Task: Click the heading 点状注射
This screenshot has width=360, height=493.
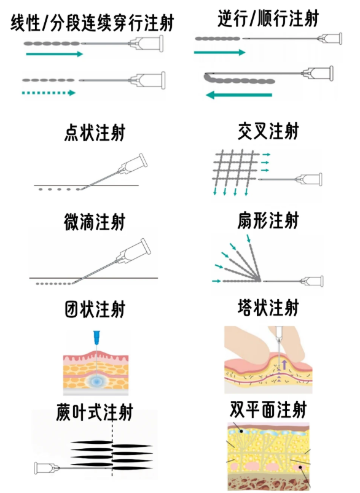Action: click(95, 133)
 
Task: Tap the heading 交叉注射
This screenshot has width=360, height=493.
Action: click(268, 131)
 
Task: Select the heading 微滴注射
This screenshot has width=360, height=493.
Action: click(95, 222)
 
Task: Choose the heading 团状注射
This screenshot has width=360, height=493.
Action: click(95, 309)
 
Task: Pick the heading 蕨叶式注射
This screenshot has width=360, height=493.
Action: click(95, 412)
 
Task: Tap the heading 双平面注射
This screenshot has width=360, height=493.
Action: click(268, 410)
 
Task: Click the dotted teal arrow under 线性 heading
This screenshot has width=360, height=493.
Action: click(49, 93)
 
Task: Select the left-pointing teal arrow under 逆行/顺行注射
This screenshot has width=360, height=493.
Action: click(239, 95)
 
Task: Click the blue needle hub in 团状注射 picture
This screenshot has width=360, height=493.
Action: click(96, 336)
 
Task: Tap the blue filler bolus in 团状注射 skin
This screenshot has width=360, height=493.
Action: click(97, 381)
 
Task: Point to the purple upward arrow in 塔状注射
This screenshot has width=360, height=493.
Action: click(284, 365)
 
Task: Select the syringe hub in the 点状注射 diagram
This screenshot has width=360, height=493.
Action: click(133, 165)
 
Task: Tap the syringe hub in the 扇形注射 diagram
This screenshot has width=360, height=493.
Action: click(311, 281)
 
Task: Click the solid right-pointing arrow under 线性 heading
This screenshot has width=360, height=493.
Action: click(55, 54)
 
